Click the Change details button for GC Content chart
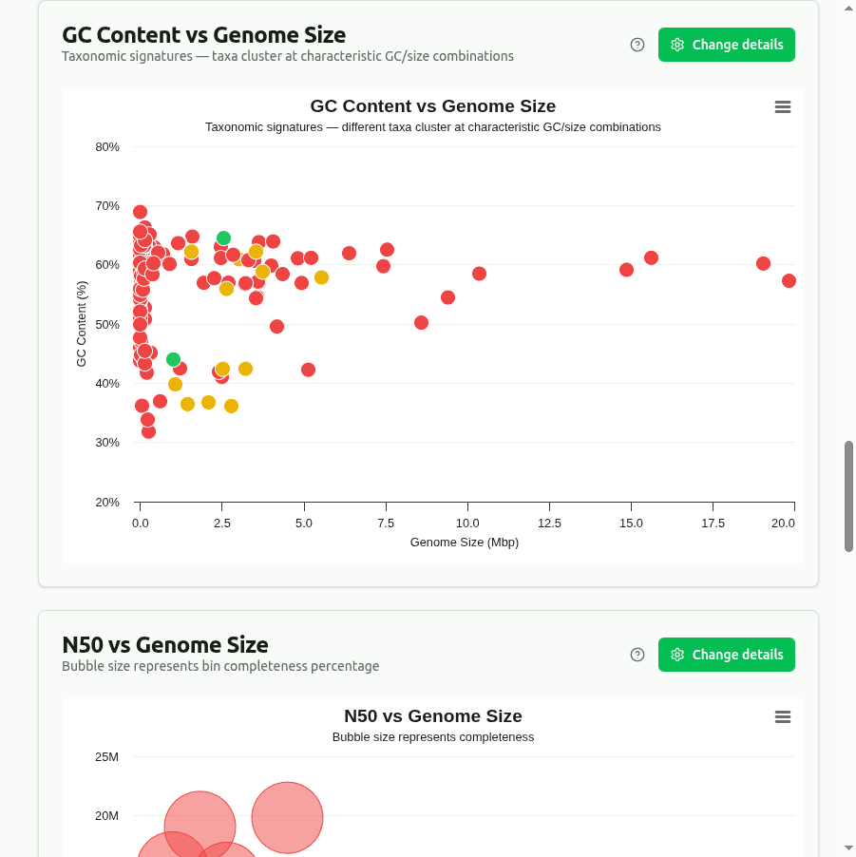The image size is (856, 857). coord(727,45)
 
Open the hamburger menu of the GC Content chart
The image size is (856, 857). coord(783,107)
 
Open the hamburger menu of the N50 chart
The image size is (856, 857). coord(783,717)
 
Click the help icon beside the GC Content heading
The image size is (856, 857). coord(637,45)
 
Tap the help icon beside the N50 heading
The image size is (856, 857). coord(637,655)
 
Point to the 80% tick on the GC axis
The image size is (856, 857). coord(107,147)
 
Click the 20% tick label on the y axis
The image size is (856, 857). coord(107,503)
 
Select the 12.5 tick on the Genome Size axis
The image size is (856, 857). coord(549,524)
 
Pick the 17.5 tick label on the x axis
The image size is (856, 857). coord(713,524)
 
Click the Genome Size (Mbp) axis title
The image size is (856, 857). coord(465,543)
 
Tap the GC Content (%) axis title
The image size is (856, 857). coord(82,324)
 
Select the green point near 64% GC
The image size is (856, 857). coord(223,238)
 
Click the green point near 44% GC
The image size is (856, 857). coord(173,359)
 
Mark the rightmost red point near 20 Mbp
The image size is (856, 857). coord(789,280)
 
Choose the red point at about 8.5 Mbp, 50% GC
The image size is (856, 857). coord(421,323)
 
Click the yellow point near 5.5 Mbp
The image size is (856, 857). coord(321,277)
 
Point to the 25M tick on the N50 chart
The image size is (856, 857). coord(106,757)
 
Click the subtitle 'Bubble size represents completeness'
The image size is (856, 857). coord(433,737)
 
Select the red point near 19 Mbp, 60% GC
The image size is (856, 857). coord(763,263)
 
